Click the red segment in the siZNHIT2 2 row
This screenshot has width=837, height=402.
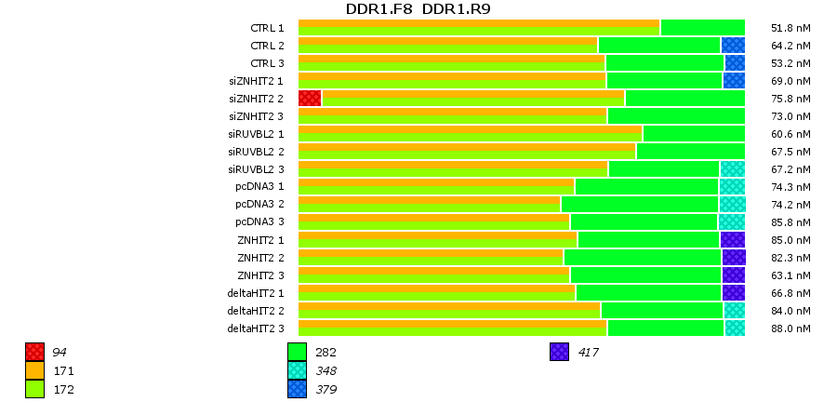310,98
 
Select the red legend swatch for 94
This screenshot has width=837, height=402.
34,352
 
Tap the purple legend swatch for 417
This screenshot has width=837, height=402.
559,352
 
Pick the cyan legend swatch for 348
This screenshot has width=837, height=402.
297,370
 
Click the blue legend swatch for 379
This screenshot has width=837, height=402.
297,389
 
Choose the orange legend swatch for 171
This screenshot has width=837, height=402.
34,370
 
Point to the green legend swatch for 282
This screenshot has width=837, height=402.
297,352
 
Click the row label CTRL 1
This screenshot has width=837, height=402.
268,28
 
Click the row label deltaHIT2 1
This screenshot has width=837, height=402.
256,293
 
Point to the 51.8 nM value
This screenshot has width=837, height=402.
791,28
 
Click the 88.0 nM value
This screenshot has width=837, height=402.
791,328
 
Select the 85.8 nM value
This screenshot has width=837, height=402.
791,222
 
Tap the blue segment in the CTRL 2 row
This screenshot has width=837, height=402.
733,45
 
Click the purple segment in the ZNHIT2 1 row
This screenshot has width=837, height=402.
732,240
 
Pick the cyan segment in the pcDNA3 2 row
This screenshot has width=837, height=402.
732,204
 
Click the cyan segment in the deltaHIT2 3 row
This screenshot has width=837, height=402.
735,328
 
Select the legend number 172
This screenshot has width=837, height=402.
64,389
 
